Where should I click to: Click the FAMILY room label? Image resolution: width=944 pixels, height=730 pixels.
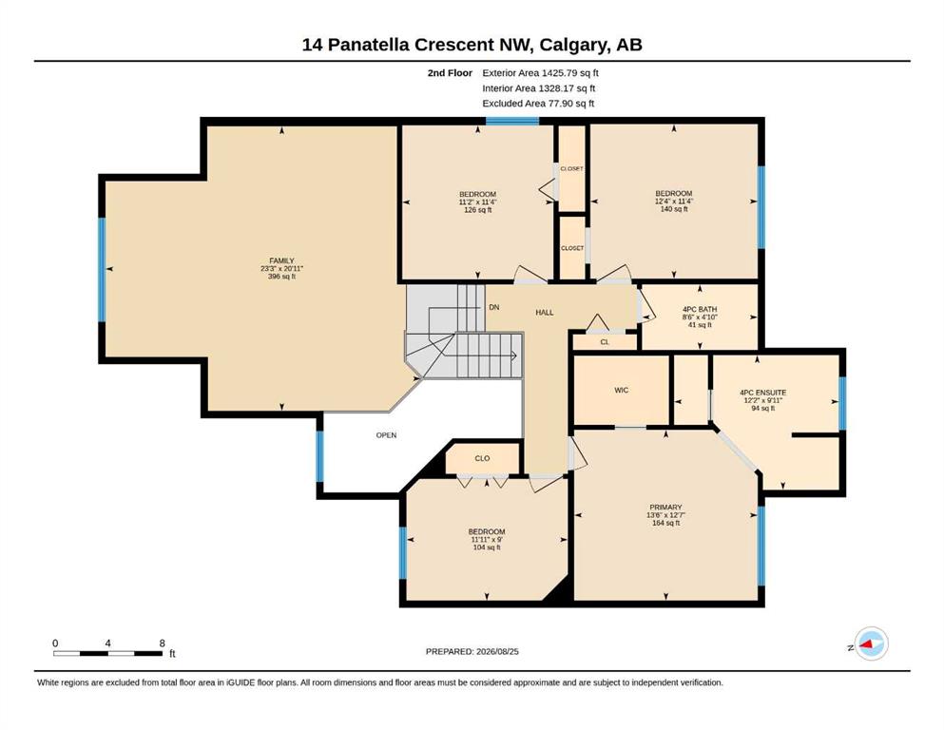281,260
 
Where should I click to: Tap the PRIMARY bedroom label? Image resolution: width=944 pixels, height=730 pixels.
665,508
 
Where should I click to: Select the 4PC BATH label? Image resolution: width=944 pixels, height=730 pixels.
700,309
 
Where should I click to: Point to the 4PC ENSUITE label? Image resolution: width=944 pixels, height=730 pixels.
762,393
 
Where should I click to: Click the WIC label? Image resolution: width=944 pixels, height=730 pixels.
622,390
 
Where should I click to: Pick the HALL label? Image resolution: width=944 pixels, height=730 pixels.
544,313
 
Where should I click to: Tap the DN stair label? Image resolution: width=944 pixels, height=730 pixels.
494,307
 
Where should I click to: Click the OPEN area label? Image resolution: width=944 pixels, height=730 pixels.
387,435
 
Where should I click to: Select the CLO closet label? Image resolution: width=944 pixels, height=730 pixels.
482,458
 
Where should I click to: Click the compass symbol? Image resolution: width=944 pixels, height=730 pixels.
871,644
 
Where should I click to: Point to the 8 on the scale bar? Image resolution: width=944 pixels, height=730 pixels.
162,643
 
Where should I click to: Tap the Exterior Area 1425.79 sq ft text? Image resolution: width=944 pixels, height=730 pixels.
540,73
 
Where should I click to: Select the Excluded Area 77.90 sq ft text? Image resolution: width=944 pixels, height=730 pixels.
538,103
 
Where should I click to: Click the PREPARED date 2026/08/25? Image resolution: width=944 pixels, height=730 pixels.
497,651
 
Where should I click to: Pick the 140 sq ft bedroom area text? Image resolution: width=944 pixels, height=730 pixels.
674,209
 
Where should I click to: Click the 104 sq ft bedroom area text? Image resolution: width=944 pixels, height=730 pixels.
487,547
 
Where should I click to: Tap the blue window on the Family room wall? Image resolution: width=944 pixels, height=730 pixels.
102,270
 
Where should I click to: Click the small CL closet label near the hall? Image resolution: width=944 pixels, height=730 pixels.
605,342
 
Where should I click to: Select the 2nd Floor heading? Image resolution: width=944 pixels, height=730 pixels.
450,73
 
